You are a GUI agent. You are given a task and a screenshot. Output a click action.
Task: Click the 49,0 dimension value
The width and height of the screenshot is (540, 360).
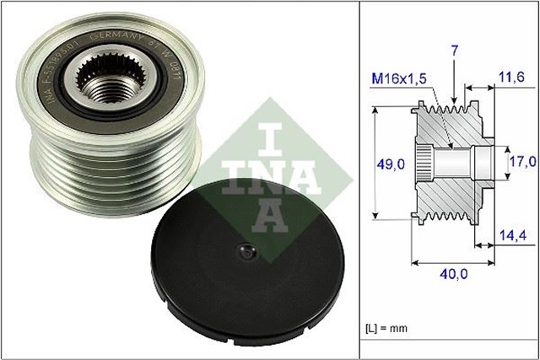pyautogui.click(x=390, y=161)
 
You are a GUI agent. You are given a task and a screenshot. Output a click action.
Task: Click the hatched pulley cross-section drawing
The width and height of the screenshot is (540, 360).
pyautogui.click(x=448, y=160)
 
